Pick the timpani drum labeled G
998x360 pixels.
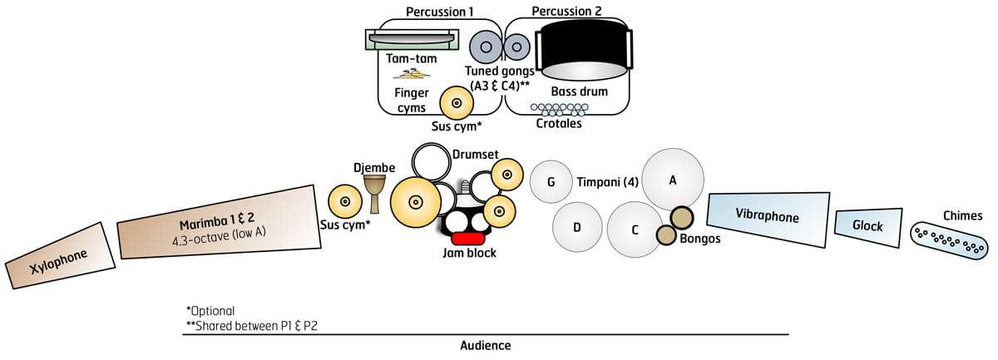point(551,182)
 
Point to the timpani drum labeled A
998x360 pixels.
point(673,180)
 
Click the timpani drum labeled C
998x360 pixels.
point(635,228)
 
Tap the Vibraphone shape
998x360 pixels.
point(768,218)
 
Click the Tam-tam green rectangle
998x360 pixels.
point(413,37)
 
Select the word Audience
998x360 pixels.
point(486,345)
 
